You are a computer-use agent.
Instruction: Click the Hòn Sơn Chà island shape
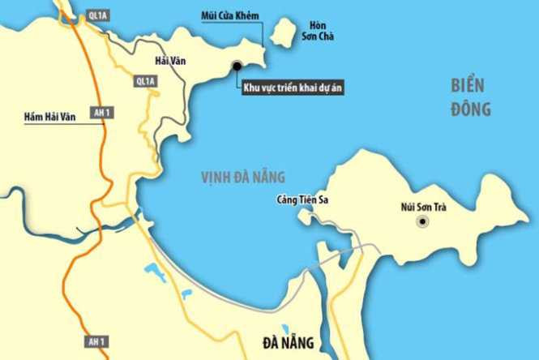click(283, 34)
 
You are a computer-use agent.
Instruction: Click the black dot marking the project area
click(237, 66)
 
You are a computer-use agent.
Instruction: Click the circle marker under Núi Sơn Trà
click(422, 221)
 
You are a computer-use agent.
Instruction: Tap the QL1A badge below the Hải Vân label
click(145, 82)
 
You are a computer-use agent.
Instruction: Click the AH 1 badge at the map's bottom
click(96, 341)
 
